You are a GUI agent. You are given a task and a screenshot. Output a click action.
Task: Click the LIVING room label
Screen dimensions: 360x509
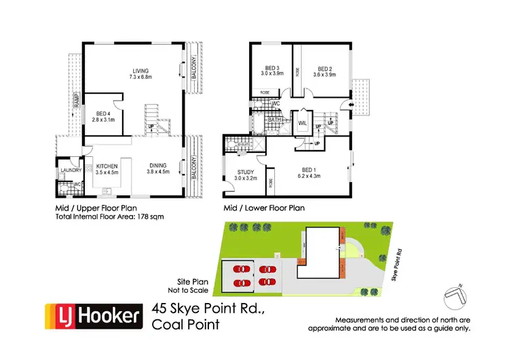pyautogui.click(x=140, y=71)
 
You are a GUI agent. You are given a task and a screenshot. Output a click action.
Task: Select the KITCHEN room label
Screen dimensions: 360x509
pyautogui.click(x=107, y=166)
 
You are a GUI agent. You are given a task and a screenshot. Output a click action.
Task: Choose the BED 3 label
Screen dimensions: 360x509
pyautogui.click(x=272, y=68)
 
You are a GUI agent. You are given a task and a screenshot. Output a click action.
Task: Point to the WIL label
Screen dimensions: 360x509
pyautogui.click(x=303, y=123)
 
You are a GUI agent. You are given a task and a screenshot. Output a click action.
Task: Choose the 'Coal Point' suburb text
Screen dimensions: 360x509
pyautogui.click(x=187, y=324)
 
